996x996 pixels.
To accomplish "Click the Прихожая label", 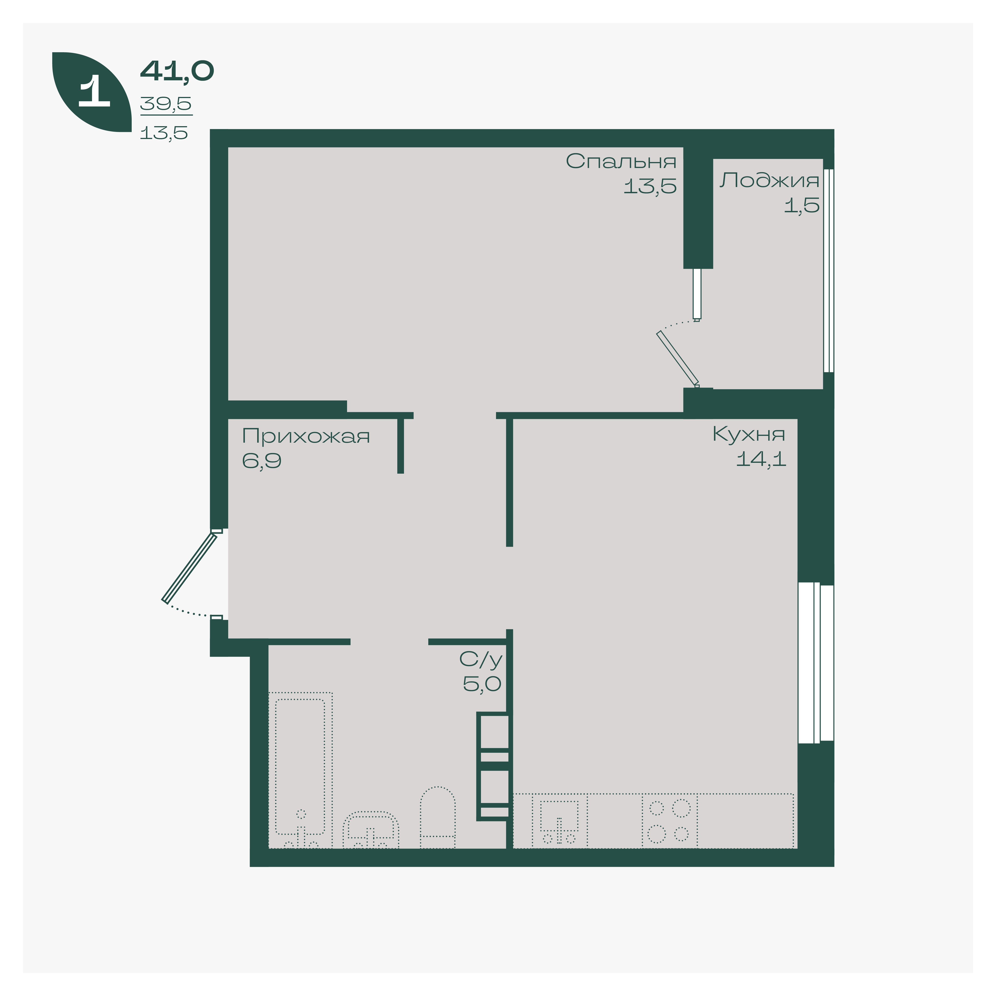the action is [x=306, y=436].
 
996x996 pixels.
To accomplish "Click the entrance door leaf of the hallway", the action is [x=189, y=567].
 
